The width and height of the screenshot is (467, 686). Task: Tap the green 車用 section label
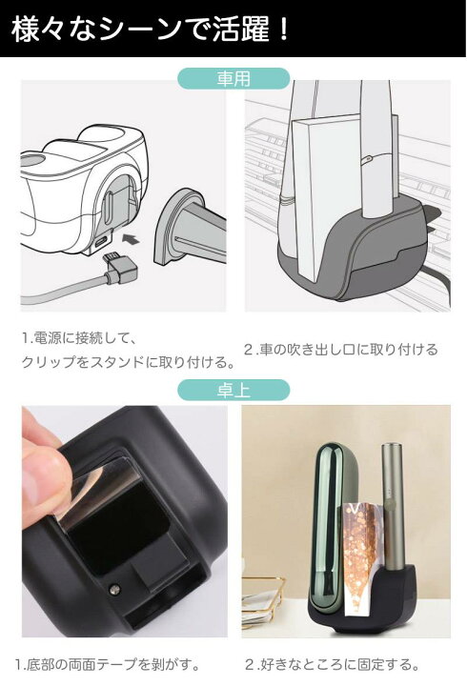[233, 79]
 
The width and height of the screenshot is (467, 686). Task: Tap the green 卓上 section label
[233, 390]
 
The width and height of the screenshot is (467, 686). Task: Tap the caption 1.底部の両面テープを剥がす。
[110, 664]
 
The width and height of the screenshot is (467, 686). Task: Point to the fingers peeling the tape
[43, 467]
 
